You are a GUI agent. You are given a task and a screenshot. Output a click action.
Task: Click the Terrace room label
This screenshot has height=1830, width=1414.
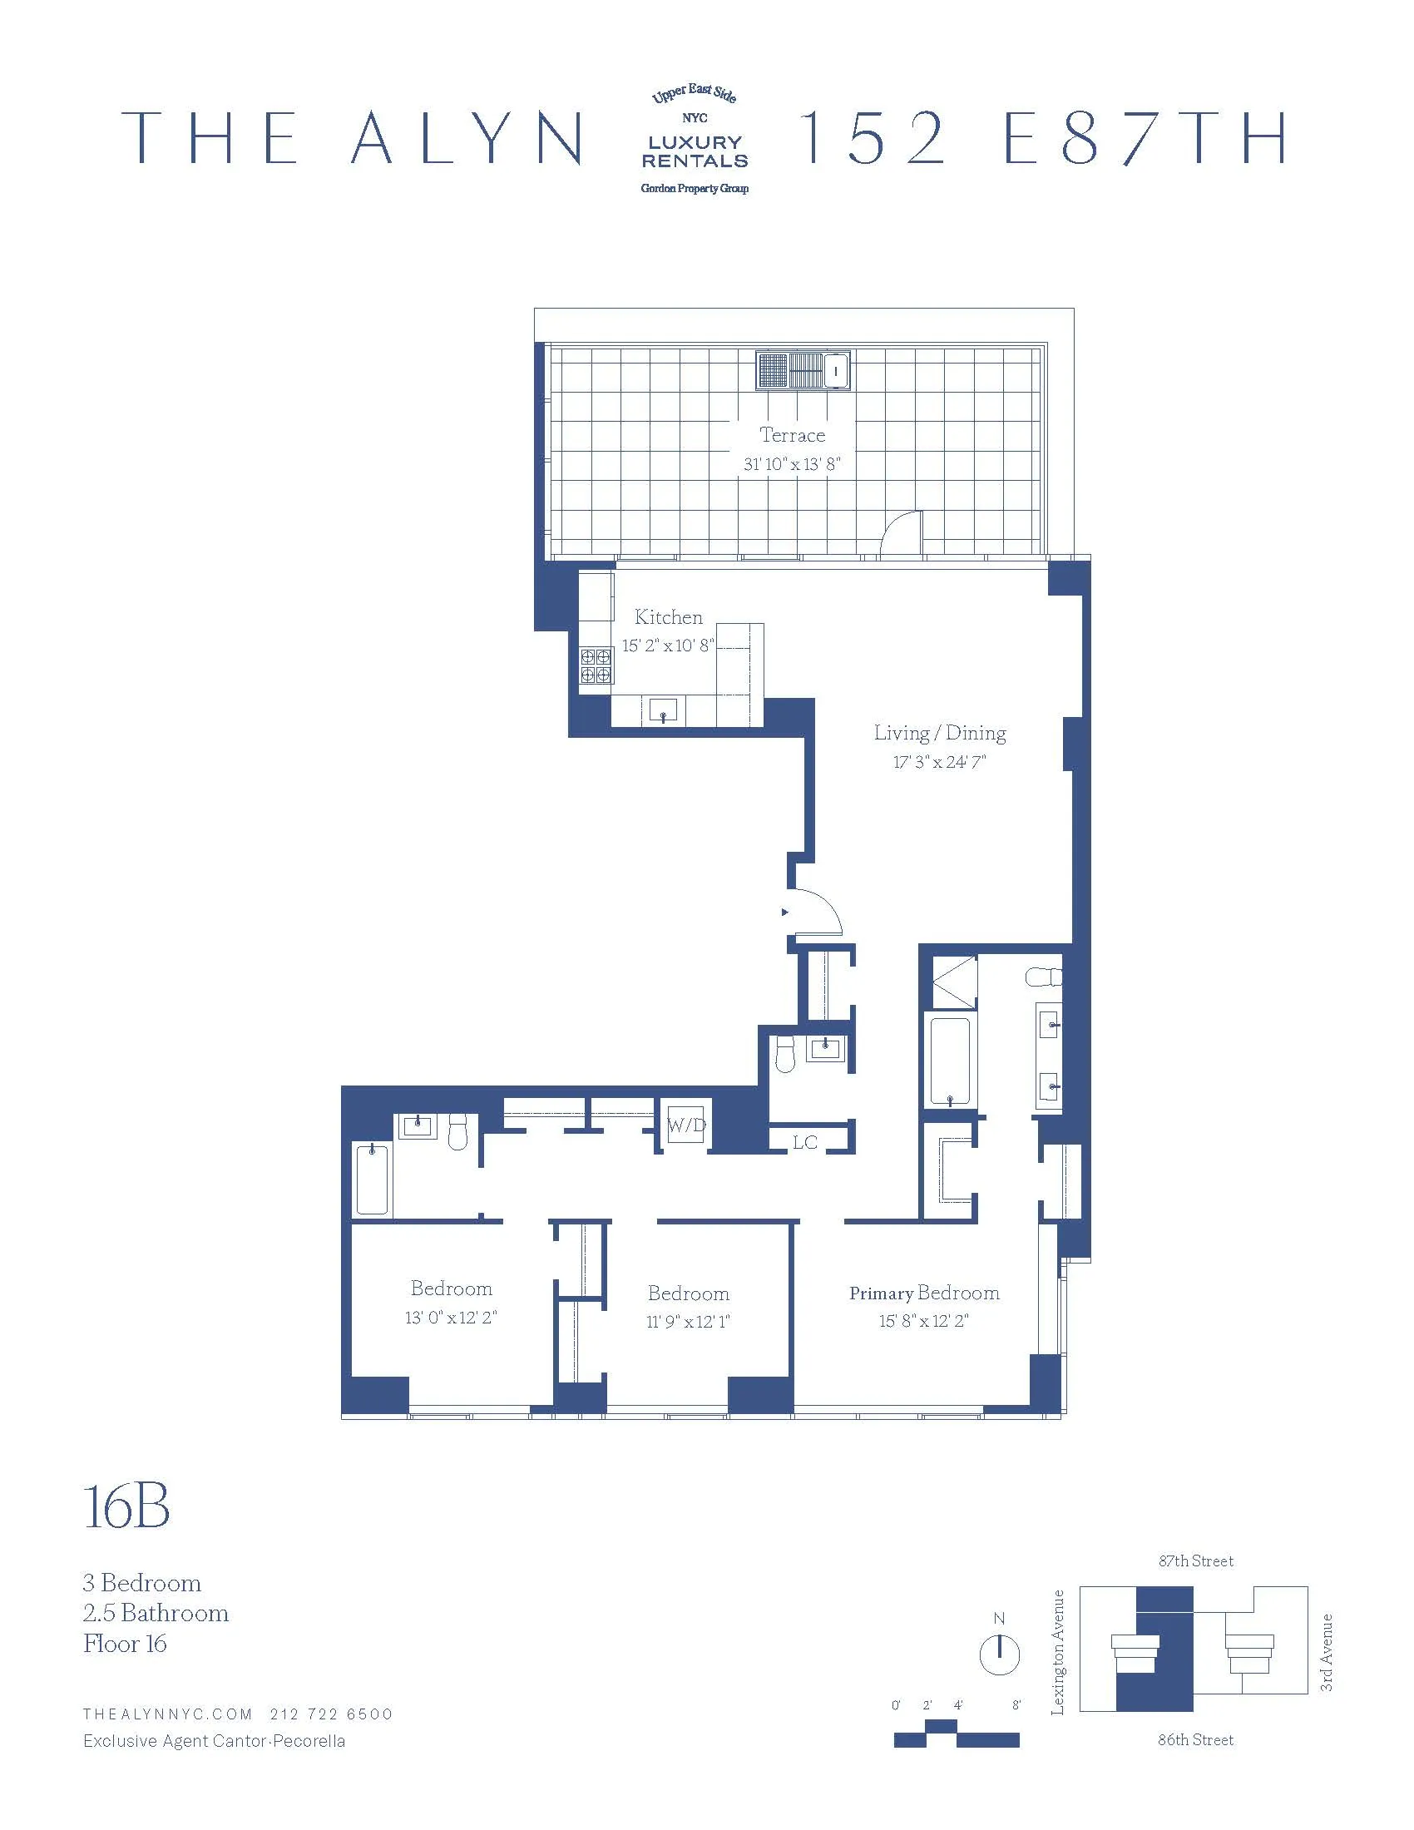click(x=792, y=435)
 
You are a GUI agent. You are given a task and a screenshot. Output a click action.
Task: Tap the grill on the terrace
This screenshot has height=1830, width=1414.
click(x=803, y=370)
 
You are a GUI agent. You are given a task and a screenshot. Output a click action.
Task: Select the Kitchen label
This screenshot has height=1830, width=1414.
click(x=668, y=616)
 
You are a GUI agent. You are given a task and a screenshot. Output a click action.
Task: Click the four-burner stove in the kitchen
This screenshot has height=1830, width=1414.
click(x=596, y=665)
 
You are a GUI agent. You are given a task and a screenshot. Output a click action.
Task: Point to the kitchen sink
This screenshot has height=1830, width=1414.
click(x=664, y=711)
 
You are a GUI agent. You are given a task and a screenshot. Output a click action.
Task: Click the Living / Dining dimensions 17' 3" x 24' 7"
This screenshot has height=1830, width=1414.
click(x=939, y=762)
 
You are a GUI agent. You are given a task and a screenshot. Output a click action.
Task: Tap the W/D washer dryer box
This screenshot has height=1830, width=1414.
click(x=687, y=1125)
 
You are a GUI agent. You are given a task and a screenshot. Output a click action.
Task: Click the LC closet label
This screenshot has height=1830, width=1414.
click(x=804, y=1142)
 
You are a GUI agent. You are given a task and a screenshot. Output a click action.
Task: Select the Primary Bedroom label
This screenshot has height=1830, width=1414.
click(x=924, y=1293)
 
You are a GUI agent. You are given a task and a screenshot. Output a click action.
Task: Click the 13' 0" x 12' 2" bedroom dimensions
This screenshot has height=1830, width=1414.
click(x=451, y=1318)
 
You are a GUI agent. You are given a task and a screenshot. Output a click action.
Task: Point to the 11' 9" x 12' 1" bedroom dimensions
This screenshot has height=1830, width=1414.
click(x=688, y=1322)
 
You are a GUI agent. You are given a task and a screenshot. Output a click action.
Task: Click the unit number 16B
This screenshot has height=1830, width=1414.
click(x=126, y=1506)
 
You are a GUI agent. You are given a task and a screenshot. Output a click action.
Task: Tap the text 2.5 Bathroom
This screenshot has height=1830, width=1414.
click(x=156, y=1613)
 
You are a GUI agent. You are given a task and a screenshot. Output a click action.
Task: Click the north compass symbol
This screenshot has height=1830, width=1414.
click(x=999, y=1655)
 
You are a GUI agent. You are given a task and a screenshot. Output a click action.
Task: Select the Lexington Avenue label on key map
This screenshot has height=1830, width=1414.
click(x=1058, y=1651)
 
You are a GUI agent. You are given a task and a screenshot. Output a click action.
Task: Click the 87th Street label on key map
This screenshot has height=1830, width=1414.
click(x=1195, y=1561)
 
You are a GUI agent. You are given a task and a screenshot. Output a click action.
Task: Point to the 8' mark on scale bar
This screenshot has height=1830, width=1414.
click(x=1016, y=1705)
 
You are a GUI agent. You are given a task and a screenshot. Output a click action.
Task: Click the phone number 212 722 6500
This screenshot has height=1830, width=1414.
click(x=331, y=1714)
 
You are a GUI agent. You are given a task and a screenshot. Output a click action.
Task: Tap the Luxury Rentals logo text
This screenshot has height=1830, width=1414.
click(x=695, y=151)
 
